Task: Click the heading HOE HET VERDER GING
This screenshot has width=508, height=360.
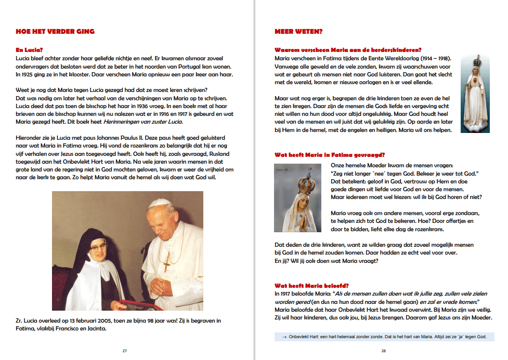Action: click(x=55, y=32)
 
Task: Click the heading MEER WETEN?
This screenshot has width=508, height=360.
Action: click(x=298, y=32)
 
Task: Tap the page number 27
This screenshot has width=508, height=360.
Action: click(x=125, y=351)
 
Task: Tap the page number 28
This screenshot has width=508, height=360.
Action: click(x=384, y=351)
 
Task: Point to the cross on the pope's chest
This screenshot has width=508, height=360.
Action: click(x=166, y=264)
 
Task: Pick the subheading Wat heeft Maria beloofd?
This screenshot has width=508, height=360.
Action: click(x=311, y=285)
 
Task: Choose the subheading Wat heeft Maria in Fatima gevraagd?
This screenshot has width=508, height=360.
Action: click(x=330, y=155)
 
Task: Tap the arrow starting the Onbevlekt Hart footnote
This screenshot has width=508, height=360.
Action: click(x=284, y=337)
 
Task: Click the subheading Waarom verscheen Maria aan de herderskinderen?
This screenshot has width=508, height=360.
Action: click(x=347, y=50)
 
